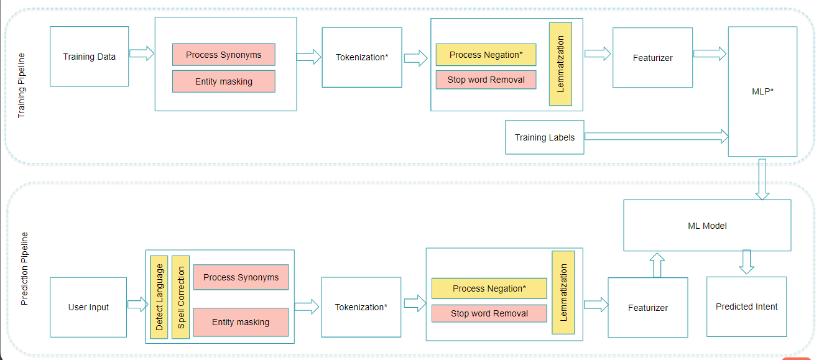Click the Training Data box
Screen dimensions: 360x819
[89, 57]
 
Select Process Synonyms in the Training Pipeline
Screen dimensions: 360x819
[223, 55]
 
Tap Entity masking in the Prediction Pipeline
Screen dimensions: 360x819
[241, 322]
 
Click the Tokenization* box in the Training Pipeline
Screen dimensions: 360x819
[362, 57]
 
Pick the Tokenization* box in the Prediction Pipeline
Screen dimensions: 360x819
[361, 307]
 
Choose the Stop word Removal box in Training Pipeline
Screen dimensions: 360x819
[486, 80]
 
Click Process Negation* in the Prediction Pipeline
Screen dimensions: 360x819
[489, 288]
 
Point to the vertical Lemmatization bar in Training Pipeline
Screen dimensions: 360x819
[560, 64]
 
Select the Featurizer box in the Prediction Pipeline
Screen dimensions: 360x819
[647, 307]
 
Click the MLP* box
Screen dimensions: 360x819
[762, 91]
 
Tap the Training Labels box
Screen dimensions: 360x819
[545, 137]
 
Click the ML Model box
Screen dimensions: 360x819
[707, 225]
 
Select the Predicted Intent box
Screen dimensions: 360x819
[746, 307]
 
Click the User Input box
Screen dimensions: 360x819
[88, 307]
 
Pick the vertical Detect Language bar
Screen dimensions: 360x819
[159, 297]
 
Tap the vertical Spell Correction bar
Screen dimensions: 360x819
[181, 297]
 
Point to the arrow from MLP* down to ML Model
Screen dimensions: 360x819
[762, 178]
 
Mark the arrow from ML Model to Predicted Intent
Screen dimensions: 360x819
[746, 262]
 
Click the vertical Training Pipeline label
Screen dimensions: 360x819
[22, 86]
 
